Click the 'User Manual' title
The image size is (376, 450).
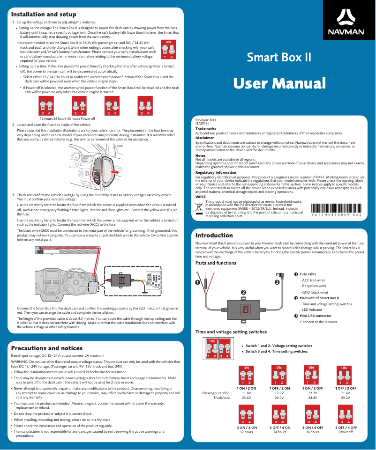click(x=279, y=83)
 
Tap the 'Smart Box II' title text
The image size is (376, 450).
click(x=279, y=58)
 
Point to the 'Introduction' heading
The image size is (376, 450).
click(x=214, y=235)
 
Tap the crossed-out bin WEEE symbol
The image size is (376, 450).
click(x=199, y=208)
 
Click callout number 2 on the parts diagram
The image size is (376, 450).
click(x=243, y=292)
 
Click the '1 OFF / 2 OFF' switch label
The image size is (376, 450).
click(x=346, y=388)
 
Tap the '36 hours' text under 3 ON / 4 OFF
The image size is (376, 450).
click(x=312, y=432)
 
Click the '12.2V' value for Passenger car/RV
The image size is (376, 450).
click(x=312, y=393)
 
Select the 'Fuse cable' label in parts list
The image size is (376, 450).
click(x=308, y=274)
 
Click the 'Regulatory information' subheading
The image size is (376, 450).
click(x=216, y=173)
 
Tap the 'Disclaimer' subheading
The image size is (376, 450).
click(x=204, y=138)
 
